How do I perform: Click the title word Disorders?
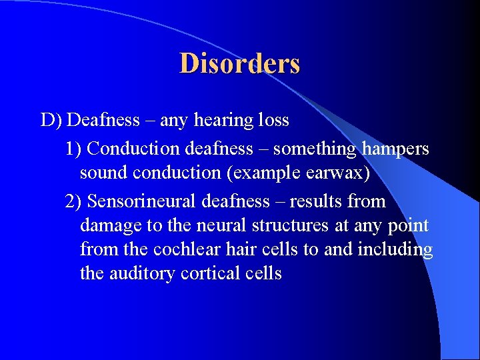(x=239, y=63)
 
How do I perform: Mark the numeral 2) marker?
(x=74, y=201)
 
